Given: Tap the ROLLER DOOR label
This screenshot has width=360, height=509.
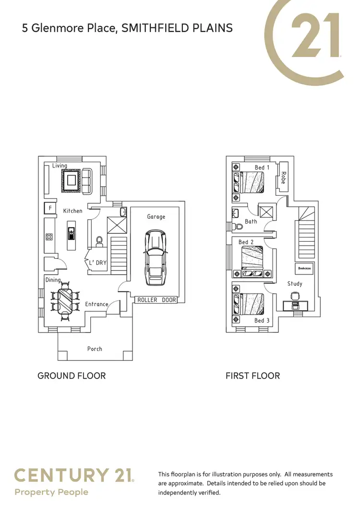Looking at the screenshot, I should [156, 300].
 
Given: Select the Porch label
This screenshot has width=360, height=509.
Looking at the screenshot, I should [95, 349].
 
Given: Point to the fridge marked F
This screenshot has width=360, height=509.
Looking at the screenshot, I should [49, 208].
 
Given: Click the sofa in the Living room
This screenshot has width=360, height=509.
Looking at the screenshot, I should [87, 181].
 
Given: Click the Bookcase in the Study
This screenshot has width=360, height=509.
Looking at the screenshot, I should [304, 269].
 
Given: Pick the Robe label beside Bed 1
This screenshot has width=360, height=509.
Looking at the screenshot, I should [283, 178].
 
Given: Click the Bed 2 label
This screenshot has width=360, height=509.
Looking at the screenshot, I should [246, 242].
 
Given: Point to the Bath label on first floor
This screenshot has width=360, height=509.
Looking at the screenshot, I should [251, 221].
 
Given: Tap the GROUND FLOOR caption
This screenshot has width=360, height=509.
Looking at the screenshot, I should [72, 376].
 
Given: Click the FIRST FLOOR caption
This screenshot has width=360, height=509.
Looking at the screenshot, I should [252, 376].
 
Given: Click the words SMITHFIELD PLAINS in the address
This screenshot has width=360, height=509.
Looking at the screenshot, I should [177, 28].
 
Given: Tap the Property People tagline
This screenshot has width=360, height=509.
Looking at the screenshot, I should [51, 492].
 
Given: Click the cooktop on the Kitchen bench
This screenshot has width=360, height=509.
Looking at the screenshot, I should [49, 237].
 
